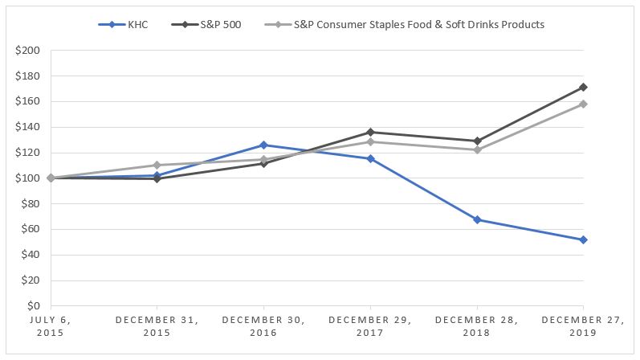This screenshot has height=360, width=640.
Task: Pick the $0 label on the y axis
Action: coord(35,306)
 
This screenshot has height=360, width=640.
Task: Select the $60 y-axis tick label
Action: coord(31,229)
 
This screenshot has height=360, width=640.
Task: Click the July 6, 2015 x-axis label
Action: coord(51,326)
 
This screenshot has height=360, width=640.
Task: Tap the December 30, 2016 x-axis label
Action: coord(263,326)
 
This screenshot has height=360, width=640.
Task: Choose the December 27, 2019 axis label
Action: coord(583,326)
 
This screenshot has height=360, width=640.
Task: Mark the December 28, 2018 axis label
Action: coord(477,326)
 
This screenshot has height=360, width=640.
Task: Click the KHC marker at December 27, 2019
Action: coord(584,239)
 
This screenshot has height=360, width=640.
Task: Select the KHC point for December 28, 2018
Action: coord(477,219)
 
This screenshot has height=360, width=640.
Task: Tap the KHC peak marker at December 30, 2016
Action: coord(263,145)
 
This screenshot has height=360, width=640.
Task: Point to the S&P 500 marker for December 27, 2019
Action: coord(584,87)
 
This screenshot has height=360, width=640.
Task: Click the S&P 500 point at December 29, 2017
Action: coord(370,132)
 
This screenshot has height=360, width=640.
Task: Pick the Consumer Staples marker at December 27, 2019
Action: coord(584,104)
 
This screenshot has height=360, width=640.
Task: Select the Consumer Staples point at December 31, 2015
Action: coord(157,165)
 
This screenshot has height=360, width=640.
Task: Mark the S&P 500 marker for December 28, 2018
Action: coord(477,141)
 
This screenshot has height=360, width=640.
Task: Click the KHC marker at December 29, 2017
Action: coord(370,158)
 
